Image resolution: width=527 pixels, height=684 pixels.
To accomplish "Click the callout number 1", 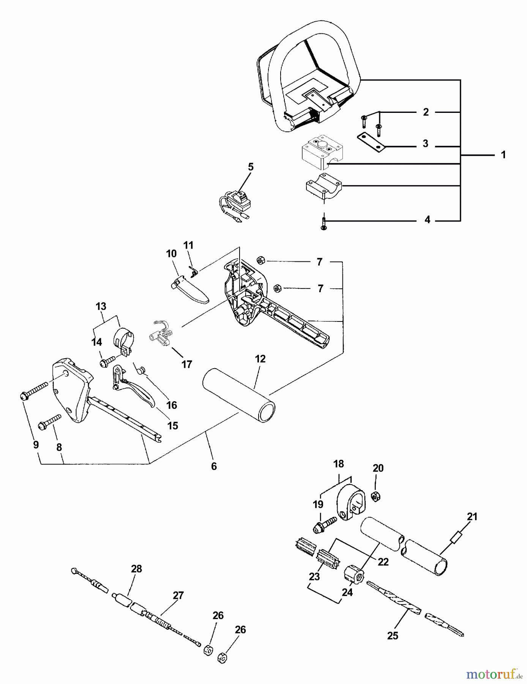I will (x=503, y=155).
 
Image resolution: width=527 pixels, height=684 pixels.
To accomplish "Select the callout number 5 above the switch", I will (x=251, y=167).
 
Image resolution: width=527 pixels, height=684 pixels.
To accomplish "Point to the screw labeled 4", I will (x=323, y=223).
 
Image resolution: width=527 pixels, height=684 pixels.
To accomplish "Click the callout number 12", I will (x=260, y=359).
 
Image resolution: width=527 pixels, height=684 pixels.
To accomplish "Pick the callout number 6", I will (x=214, y=466).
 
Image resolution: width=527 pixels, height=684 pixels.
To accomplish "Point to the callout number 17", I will (x=186, y=364).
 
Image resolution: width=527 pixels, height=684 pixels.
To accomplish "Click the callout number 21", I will (x=472, y=517).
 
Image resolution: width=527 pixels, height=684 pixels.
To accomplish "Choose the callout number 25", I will (x=393, y=635).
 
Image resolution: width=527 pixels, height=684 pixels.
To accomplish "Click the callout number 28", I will (x=136, y=569).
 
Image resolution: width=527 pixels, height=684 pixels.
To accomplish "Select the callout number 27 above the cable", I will (x=178, y=595).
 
